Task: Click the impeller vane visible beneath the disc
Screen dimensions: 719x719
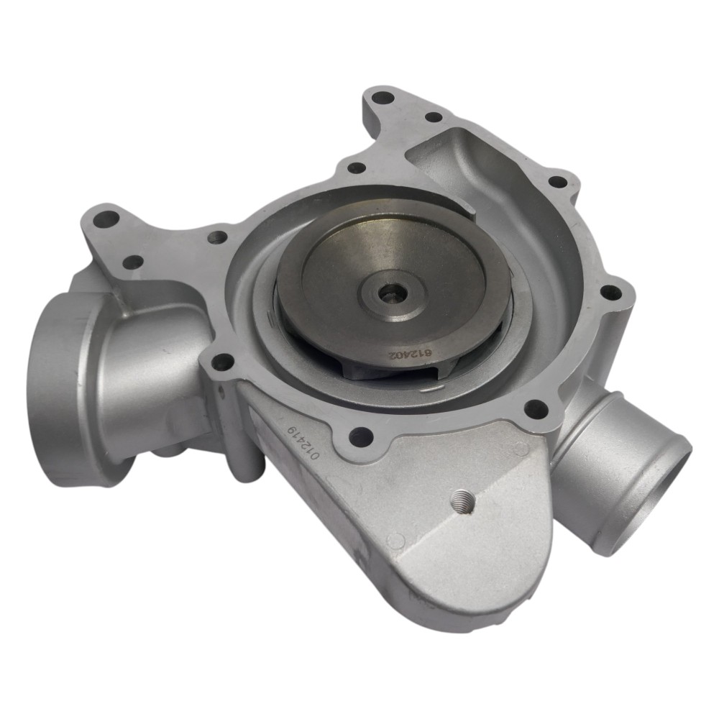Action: (359, 367)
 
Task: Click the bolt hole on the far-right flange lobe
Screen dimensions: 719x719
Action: (609, 292)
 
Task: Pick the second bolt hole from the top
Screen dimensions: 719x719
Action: (433, 116)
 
